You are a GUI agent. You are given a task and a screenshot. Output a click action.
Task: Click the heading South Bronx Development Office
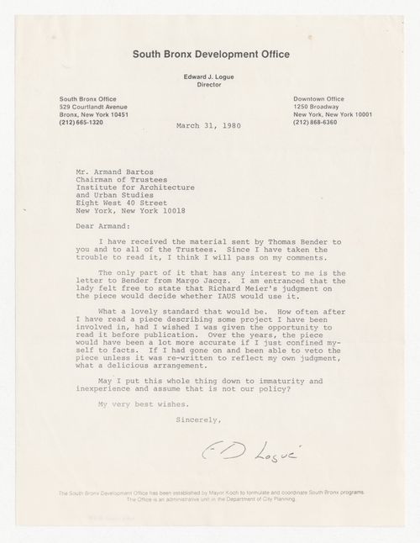click(x=211, y=55)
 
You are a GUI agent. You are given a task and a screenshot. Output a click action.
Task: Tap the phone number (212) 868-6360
click(x=318, y=122)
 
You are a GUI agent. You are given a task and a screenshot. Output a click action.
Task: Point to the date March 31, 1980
click(x=208, y=129)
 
